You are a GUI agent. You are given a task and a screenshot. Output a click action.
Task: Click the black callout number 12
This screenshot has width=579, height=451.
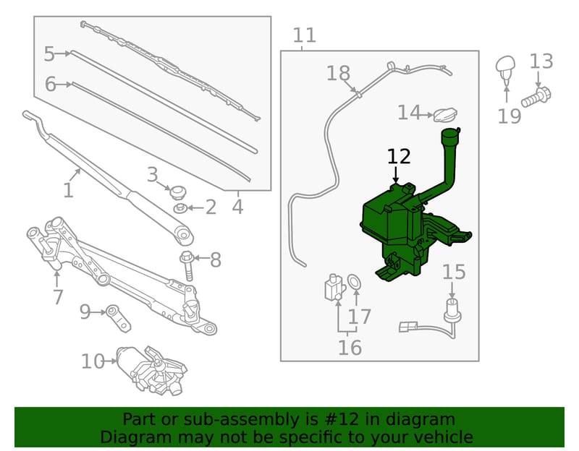[399, 157]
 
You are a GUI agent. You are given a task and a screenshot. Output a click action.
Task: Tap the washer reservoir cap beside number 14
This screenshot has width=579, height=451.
[445, 114]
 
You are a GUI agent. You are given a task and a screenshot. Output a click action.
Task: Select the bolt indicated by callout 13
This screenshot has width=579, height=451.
[536, 97]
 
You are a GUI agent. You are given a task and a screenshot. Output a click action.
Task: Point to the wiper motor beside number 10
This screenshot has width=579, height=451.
[151, 369]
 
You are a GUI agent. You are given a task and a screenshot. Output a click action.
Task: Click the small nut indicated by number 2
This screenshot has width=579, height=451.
[179, 208]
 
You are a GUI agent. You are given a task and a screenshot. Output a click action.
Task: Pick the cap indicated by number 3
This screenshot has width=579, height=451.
[177, 192]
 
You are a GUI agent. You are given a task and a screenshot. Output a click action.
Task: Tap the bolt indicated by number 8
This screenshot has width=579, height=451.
[187, 265]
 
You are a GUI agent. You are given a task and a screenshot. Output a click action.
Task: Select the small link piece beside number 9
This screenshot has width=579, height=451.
[118, 317]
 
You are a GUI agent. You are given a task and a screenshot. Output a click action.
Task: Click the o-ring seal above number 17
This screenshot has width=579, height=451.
[355, 282]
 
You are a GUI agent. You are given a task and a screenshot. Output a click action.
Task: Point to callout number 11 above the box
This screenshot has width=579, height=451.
[305, 35]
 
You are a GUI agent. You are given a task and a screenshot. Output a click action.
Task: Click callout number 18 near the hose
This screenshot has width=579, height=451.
[338, 73]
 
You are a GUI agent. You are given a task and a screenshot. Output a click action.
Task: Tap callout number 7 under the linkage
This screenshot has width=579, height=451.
[58, 297]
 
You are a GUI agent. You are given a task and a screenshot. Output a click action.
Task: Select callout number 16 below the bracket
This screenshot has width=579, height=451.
[350, 348]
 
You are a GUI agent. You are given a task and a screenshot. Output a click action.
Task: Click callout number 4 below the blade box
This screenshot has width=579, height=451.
[238, 207]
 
